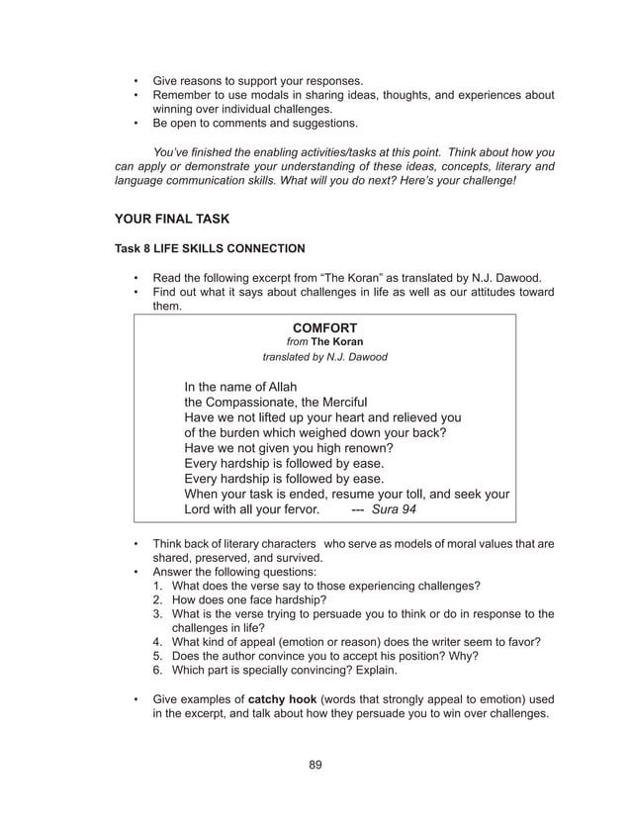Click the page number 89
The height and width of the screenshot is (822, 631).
[x=315, y=764]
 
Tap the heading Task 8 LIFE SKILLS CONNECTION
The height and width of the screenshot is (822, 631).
[x=210, y=248]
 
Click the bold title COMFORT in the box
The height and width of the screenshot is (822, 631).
[x=324, y=327]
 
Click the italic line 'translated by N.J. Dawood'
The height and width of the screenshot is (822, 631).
[x=324, y=357]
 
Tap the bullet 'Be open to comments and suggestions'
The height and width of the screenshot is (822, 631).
[x=254, y=124]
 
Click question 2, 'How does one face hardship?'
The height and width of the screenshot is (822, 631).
[x=249, y=599]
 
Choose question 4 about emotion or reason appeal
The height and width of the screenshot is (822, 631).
[x=355, y=641]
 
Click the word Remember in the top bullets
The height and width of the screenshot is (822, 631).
[x=183, y=95]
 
